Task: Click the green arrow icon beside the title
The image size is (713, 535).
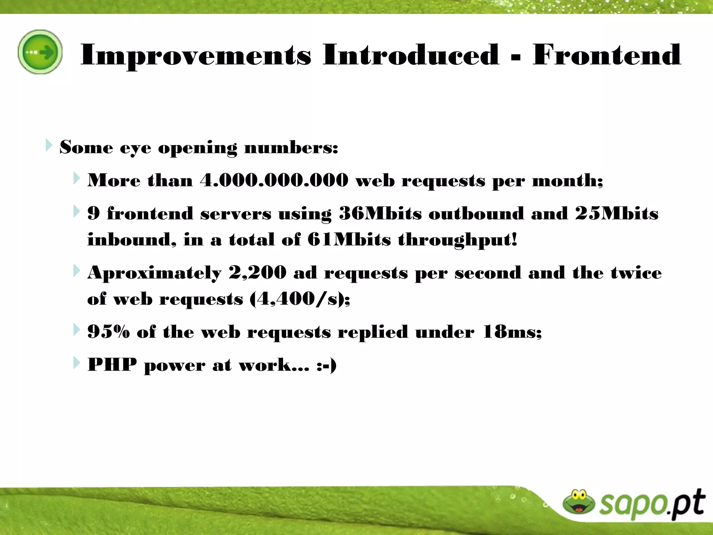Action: pos(40,52)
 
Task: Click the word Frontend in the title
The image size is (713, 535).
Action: pos(606,55)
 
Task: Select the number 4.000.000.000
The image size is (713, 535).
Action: pos(274,180)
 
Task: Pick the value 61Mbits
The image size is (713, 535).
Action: pos(349,240)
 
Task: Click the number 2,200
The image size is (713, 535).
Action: pos(257,273)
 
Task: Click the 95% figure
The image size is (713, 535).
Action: pos(108,332)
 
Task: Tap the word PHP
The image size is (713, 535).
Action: pos(112,365)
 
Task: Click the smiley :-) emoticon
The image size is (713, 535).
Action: pos(326,365)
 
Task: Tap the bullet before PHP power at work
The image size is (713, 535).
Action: pos(76,363)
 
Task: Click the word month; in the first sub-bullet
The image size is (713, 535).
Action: pos(567,180)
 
